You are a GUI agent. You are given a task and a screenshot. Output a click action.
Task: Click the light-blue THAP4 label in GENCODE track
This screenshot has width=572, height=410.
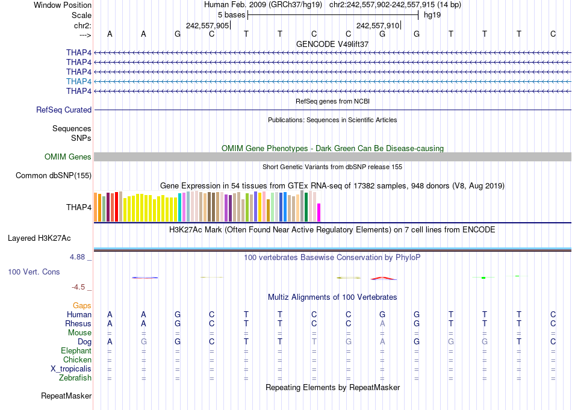pos(79,81)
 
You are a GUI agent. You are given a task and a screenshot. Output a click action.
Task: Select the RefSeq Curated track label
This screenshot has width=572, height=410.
pos(64,110)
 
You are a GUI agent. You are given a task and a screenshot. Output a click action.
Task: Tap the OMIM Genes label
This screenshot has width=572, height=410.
pos(68,157)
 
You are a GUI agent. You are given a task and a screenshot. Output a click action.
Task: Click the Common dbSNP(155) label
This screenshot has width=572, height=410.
pos(54,176)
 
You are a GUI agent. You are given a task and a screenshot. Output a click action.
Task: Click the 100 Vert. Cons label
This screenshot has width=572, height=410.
pos(34,272)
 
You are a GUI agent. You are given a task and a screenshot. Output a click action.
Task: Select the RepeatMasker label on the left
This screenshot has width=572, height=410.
pos(66,396)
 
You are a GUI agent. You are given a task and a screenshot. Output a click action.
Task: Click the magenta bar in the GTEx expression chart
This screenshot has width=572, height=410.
pos(319,213)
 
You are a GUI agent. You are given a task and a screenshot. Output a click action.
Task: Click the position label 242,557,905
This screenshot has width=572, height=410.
pos(207,26)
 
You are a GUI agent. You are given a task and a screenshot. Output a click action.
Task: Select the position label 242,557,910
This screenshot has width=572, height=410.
pos(378,26)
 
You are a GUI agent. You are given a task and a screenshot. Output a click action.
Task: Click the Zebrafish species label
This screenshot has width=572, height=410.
pos(75,378)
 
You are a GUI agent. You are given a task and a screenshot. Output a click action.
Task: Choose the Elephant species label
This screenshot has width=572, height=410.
pos(76,351)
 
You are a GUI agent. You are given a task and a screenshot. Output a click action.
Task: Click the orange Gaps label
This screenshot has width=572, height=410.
pos(82,306)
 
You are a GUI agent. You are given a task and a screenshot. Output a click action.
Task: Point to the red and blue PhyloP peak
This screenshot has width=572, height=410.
pos(384,278)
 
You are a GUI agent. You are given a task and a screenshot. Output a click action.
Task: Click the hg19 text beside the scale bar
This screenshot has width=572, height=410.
pos(432,15)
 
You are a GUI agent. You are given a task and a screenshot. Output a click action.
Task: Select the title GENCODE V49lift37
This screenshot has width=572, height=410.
pos(332,45)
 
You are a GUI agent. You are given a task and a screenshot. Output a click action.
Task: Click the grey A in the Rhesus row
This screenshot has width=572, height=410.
pos(382,324)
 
